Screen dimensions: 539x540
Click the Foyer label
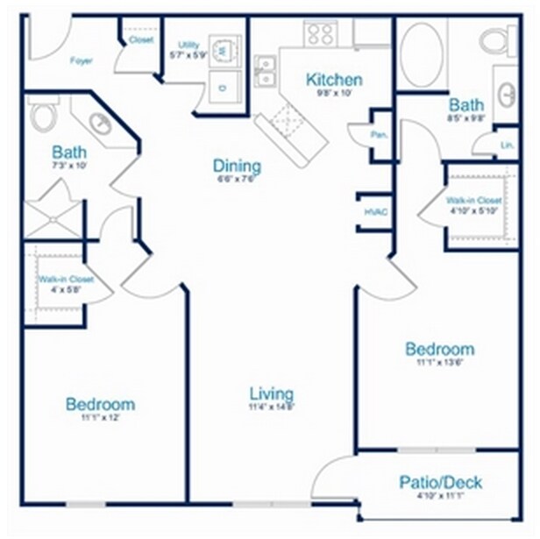click(x=82, y=61)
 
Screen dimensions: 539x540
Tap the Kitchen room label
click(x=334, y=81)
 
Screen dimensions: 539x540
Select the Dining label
click(x=237, y=167)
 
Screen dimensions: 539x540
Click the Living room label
click(x=271, y=394)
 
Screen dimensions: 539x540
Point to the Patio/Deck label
click(x=440, y=483)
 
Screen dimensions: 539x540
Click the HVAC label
click(x=375, y=211)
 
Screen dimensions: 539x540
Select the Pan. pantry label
click(x=380, y=136)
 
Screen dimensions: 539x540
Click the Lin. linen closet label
click(x=507, y=145)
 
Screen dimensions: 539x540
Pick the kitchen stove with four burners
click(x=320, y=34)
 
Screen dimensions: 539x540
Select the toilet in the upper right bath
click(x=499, y=40)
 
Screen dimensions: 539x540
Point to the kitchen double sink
click(x=266, y=72)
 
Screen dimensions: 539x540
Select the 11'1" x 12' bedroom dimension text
click(x=100, y=419)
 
